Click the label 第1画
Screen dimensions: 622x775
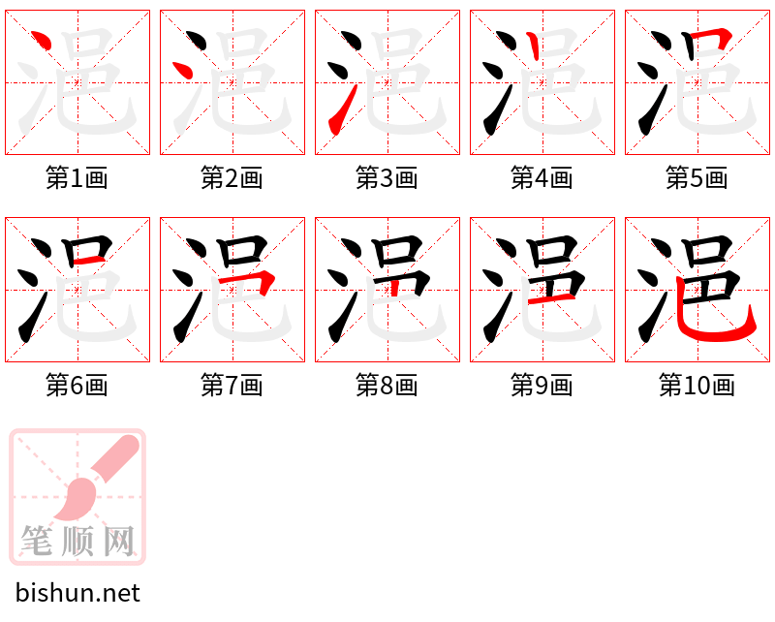click(x=77, y=178)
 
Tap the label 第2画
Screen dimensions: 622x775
click(x=232, y=178)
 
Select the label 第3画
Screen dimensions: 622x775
click(x=387, y=178)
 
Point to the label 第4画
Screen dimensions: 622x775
click(x=542, y=178)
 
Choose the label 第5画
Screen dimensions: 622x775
click(x=697, y=178)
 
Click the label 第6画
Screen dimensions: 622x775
click(x=77, y=386)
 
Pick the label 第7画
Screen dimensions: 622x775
click(x=232, y=386)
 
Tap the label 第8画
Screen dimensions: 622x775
click(x=387, y=386)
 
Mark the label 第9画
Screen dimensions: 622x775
click(x=542, y=386)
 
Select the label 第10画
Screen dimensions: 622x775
click(x=697, y=386)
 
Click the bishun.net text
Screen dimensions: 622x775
click(x=77, y=593)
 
